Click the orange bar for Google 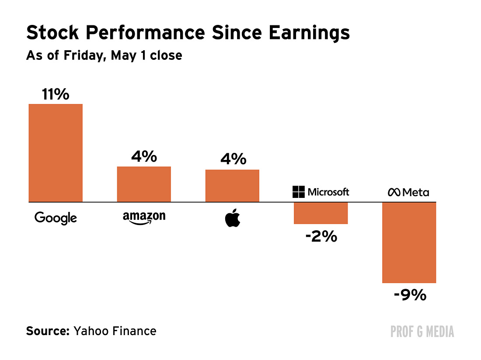[56, 153]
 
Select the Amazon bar [144, 184]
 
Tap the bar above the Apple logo [232, 186]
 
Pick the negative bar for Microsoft [321, 213]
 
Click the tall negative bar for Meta [409, 242]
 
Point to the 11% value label [56, 94]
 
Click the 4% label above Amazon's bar [144, 156]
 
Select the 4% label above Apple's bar [233, 159]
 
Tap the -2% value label [321, 236]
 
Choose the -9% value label [410, 295]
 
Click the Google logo [56, 218]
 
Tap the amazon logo [144, 218]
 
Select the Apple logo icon [233, 218]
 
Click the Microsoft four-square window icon [299, 192]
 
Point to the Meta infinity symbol [394, 192]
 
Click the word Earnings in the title [309, 33]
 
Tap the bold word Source [48, 331]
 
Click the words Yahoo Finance [115, 331]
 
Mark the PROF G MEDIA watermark [422, 332]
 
